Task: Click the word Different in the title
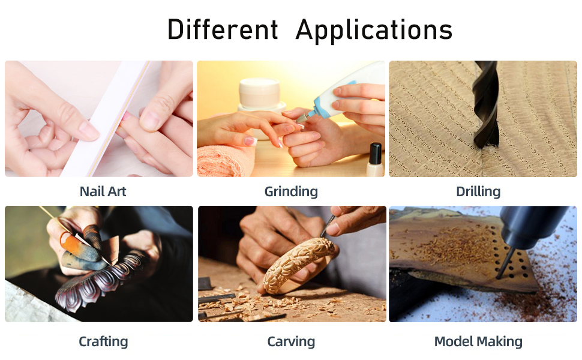tap(223, 29)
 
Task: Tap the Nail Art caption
tap(103, 191)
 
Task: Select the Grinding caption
tap(291, 192)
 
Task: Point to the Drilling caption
tap(478, 192)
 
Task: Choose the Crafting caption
tap(103, 341)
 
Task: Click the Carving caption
tap(291, 341)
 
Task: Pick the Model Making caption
tap(478, 341)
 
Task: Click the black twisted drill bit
tap(485, 104)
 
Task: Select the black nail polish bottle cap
tap(376, 153)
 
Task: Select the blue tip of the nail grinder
tap(318, 107)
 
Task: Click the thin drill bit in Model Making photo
tap(505, 263)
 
